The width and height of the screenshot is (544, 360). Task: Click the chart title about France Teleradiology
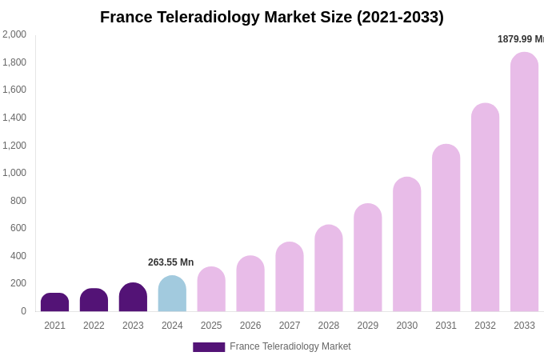(272, 17)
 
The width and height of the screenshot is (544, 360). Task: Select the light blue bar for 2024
(172, 294)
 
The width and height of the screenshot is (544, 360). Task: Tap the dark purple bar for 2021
(54, 302)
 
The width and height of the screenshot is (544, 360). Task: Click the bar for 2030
(406, 245)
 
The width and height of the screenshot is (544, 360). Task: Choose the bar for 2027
(290, 277)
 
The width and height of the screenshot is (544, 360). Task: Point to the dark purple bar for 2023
(133, 298)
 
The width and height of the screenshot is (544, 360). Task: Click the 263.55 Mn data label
(170, 262)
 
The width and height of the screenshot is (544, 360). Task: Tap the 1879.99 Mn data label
(520, 39)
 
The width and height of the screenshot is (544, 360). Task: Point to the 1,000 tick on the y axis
(14, 173)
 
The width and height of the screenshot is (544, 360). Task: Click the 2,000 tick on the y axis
(14, 34)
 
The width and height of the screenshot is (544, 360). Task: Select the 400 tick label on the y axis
(18, 256)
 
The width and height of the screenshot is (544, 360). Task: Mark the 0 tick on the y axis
(23, 311)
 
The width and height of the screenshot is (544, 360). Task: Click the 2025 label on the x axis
(211, 326)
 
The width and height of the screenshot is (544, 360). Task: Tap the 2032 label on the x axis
(485, 326)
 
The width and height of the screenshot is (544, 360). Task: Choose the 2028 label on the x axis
(329, 326)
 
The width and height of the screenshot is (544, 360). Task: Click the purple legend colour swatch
(209, 347)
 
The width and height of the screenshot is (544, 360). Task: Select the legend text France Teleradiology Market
(290, 346)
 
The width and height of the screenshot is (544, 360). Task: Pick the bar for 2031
(446, 228)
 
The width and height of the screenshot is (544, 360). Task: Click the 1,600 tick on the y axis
(14, 90)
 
